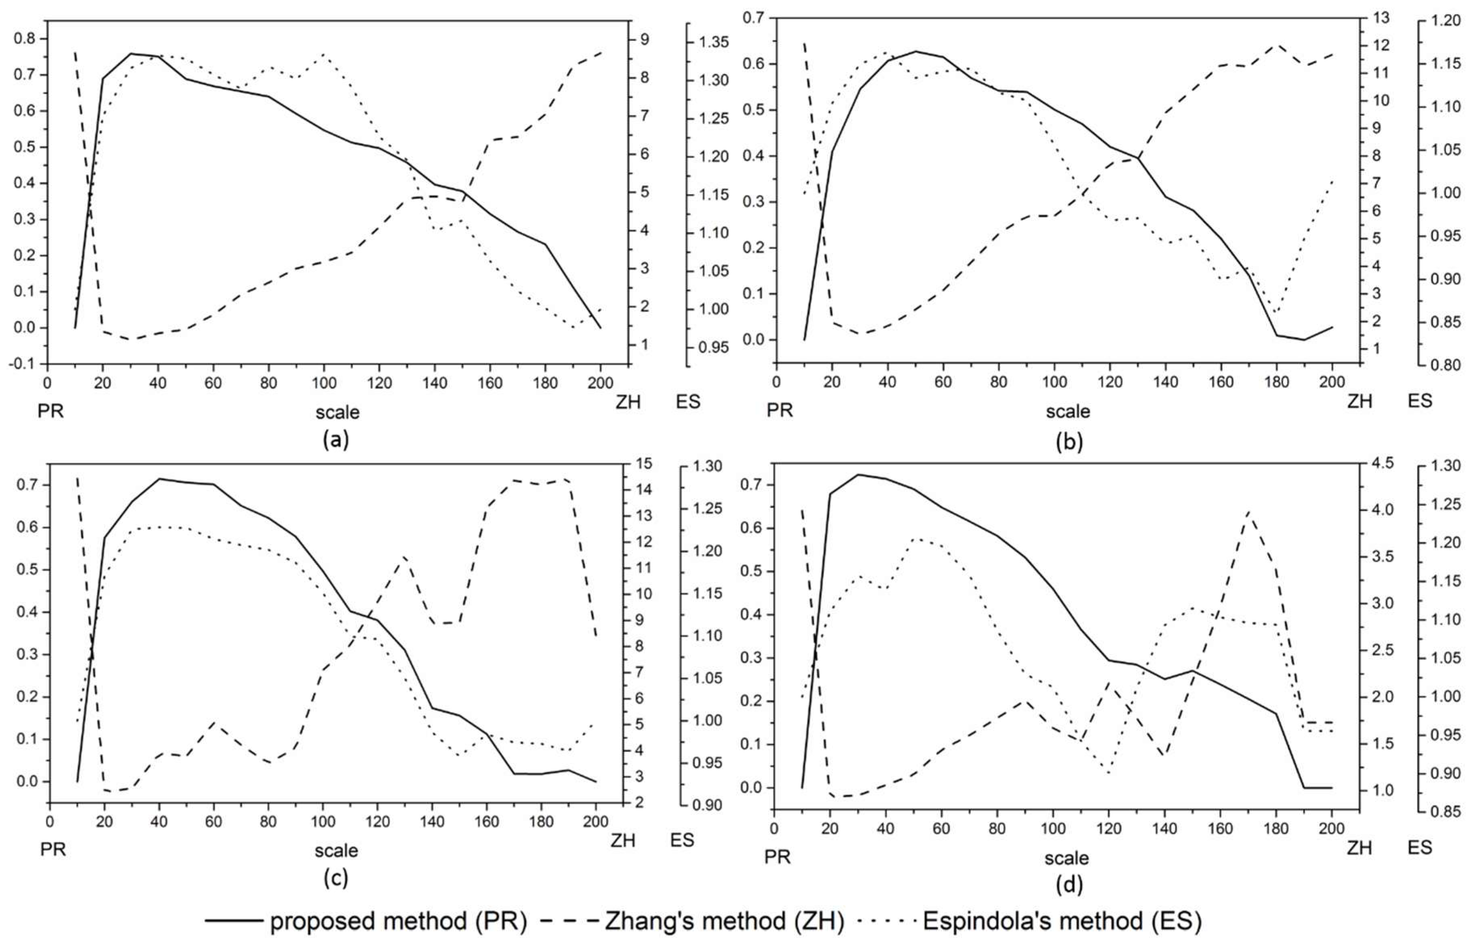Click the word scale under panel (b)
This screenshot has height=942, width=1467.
[x=1068, y=411]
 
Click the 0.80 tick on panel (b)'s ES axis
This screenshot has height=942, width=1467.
[x=1446, y=365]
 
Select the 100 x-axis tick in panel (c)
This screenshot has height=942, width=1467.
[x=323, y=821]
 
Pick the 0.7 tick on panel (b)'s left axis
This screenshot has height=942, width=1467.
[x=753, y=18]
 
